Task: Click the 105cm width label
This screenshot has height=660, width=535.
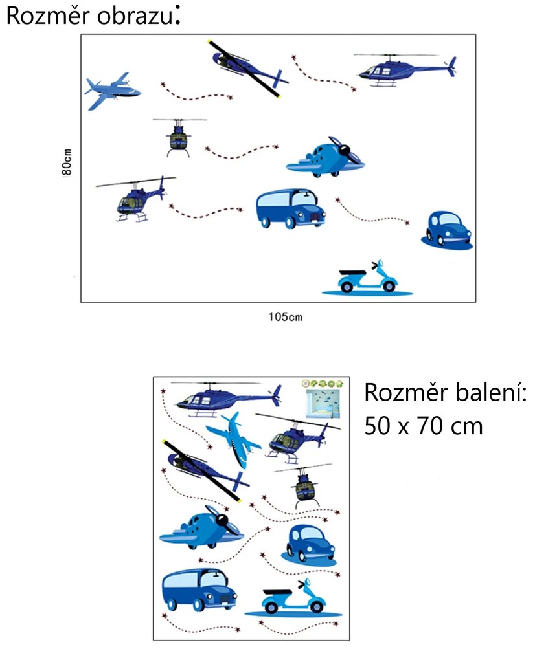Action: [285, 316]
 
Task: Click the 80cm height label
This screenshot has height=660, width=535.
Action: [67, 162]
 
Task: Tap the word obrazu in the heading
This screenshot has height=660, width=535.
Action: [135, 16]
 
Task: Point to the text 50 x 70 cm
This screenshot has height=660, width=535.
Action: [423, 426]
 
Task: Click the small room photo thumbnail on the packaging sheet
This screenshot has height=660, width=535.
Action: [323, 403]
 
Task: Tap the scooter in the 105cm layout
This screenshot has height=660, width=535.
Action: [367, 278]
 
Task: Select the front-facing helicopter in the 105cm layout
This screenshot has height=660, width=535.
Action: [179, 137]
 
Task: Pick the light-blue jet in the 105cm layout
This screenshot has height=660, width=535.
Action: [112, 91]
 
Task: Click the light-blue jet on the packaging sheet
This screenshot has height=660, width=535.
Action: [234, 439]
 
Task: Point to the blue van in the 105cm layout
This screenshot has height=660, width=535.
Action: [291, 208]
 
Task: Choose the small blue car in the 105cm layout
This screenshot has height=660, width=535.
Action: [447, 230]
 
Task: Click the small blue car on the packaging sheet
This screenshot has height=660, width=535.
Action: [310, 545]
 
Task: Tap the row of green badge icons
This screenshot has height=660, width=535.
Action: [323, 384]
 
